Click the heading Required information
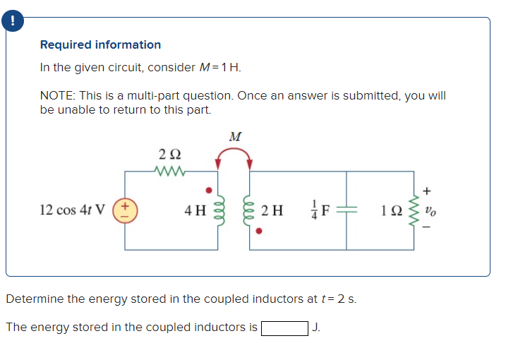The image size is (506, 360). [x=100, y=44]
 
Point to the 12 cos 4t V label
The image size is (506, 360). [x=73, y=210]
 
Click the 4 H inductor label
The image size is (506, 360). [x=195, y=210]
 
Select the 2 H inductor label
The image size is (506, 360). [x=272, y=210]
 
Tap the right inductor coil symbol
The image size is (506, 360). [x=249, y=210]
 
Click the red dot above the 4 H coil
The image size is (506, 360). [x=207, y=190]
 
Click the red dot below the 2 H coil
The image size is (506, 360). [x=259, y=230]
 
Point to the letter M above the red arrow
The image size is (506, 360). [x=234, y=136]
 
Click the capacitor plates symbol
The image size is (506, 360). [x=347, y=210]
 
